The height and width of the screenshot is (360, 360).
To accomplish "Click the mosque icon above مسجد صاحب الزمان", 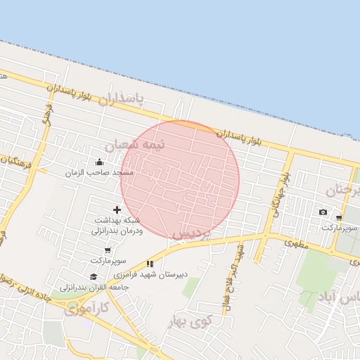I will tap(99, 162).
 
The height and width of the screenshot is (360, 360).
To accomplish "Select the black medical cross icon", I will tap(117, 210).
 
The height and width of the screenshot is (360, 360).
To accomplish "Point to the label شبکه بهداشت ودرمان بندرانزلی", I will tap(117, 226).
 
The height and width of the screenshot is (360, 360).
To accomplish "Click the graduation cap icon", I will tap(94, 276).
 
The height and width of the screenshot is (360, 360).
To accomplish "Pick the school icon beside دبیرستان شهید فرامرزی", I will tap(150, 264).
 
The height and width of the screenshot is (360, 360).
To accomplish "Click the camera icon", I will tap(323, 212).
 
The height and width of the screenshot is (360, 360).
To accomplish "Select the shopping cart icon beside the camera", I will tap(340, 217).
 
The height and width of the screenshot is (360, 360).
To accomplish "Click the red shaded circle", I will tap(180, 180).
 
